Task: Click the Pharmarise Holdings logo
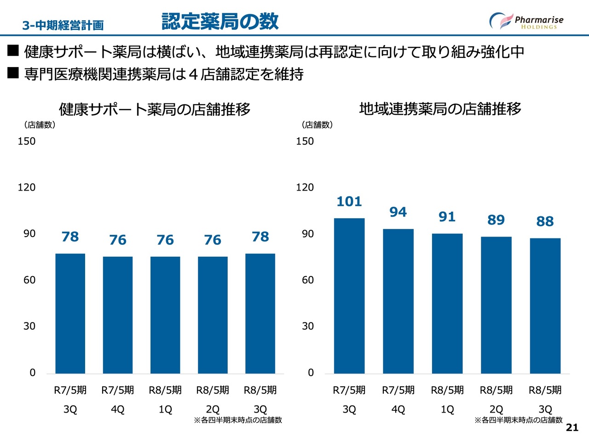[x=526, y=21]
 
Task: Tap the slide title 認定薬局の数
[x=220, y=21]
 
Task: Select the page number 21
[x=572, y=427]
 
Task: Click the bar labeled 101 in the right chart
[x=349, y=296]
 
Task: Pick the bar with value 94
[x=398, y=301]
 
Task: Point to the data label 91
[x=447, y=216]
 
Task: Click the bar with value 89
[x=496, y=305]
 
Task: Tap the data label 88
[x=545, y=221]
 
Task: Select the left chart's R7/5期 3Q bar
[x=70, y=313]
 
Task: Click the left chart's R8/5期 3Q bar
[x=260, y=313]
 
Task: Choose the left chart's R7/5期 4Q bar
[x=118, y=315]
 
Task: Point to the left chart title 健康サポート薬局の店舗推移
[x=155, y=109]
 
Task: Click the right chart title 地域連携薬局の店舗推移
[x=440, y=109]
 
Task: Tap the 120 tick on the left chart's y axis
[x=26, y=187]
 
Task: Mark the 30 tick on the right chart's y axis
[x=307, y=326]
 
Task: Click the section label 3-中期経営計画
[x=63, y=25]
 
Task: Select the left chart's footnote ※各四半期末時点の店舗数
[x=238, y=420]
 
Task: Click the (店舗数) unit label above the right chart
[x=317, y=125]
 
